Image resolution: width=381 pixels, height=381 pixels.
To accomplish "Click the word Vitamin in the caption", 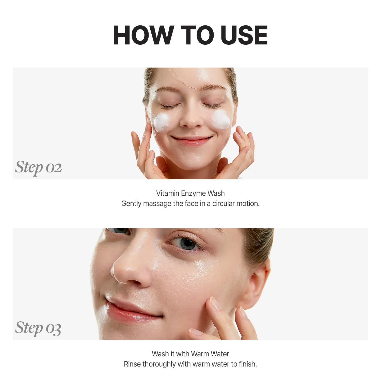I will pyautogui.click(x=168, y=193).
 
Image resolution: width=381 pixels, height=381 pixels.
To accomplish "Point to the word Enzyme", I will pyautogui.click(x=193, y=194).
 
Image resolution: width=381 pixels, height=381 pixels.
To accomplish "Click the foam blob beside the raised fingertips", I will pyautogui.click(x=221, y=119).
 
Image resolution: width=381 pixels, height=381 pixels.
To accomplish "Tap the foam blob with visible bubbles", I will pyautogui.click(x=162, y=122).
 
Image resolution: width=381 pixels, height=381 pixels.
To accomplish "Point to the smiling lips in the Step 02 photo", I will pyautogui.click(x=192, y=140).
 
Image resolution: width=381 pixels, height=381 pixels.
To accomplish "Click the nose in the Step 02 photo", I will pyautogui.click(x=191, y=119).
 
